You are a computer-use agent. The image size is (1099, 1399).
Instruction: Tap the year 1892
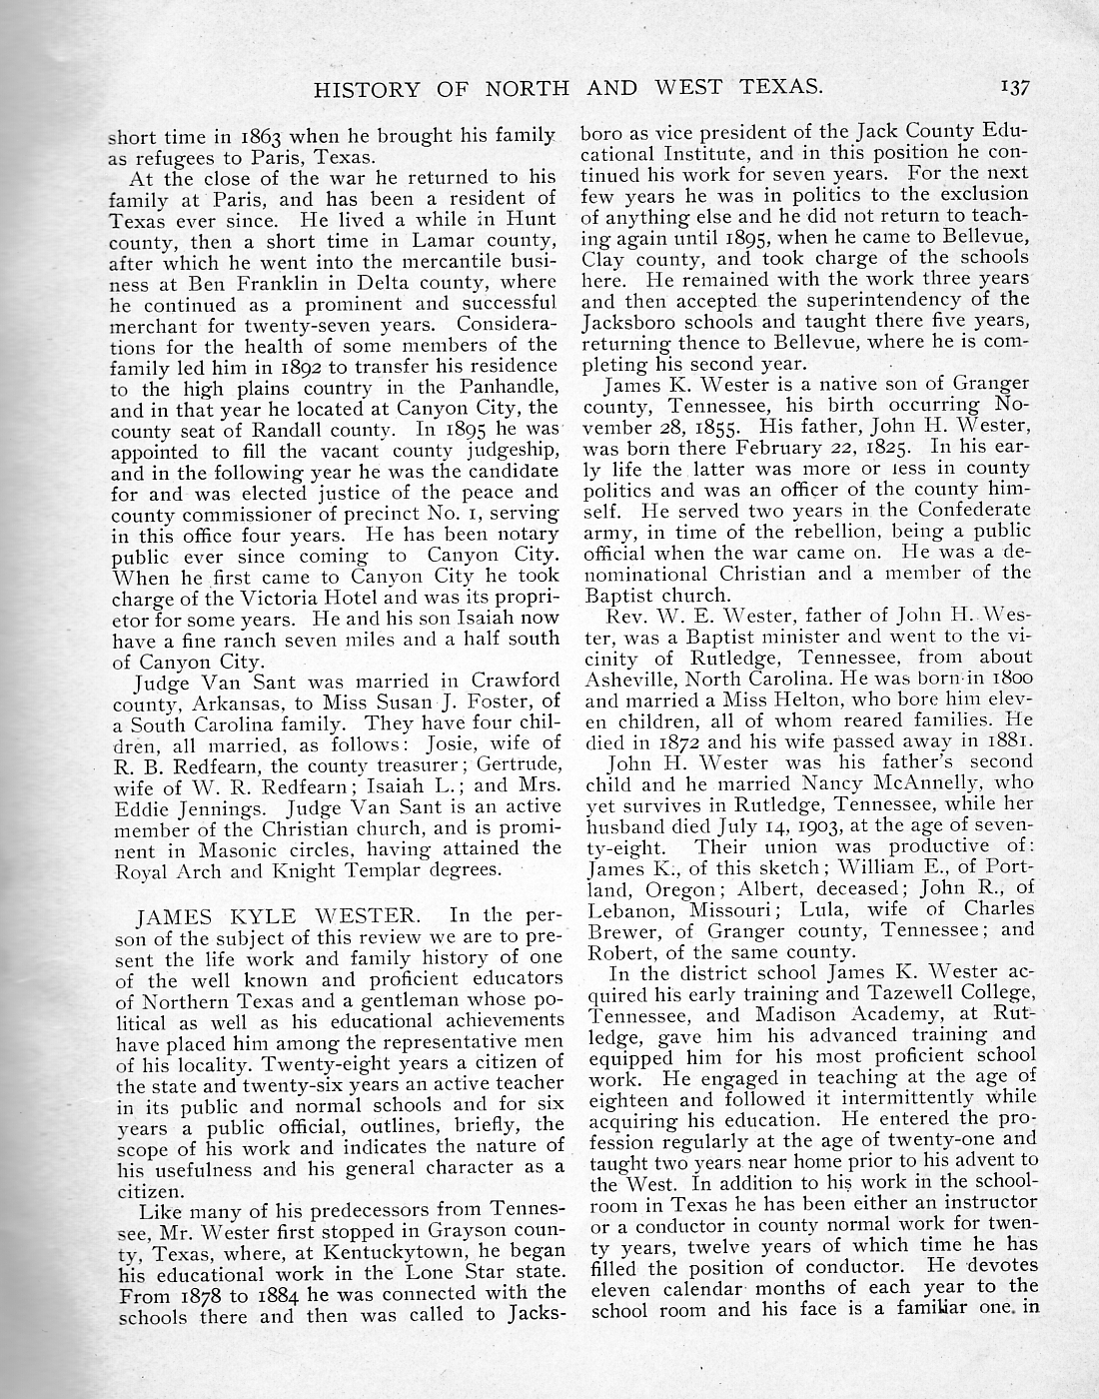coord(292,366)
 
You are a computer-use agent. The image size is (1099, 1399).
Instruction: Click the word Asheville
coord(628,677)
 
